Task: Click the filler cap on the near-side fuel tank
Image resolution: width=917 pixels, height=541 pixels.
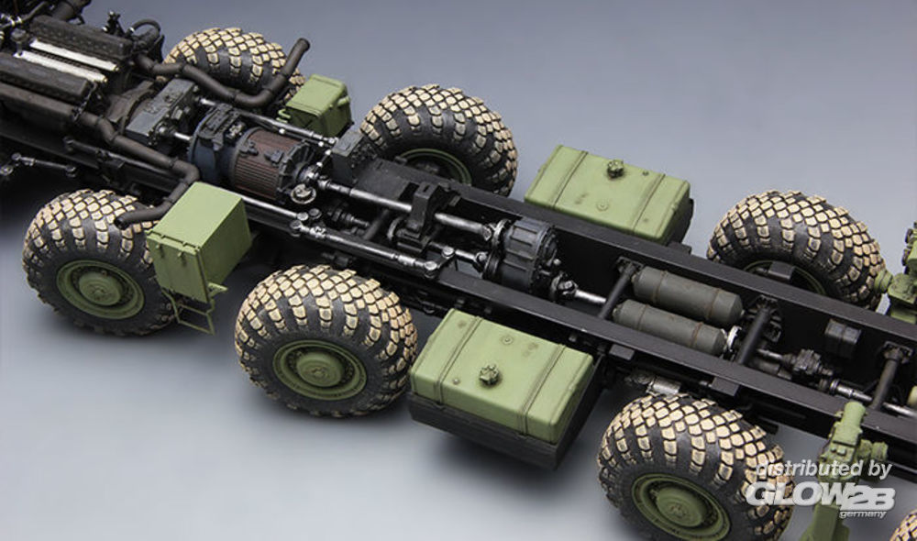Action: point(489,375)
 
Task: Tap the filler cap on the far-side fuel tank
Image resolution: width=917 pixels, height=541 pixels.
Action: point(613,169)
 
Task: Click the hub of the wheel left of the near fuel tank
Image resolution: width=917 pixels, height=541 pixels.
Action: point(318,370)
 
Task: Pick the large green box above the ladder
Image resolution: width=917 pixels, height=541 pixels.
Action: point(198,240)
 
